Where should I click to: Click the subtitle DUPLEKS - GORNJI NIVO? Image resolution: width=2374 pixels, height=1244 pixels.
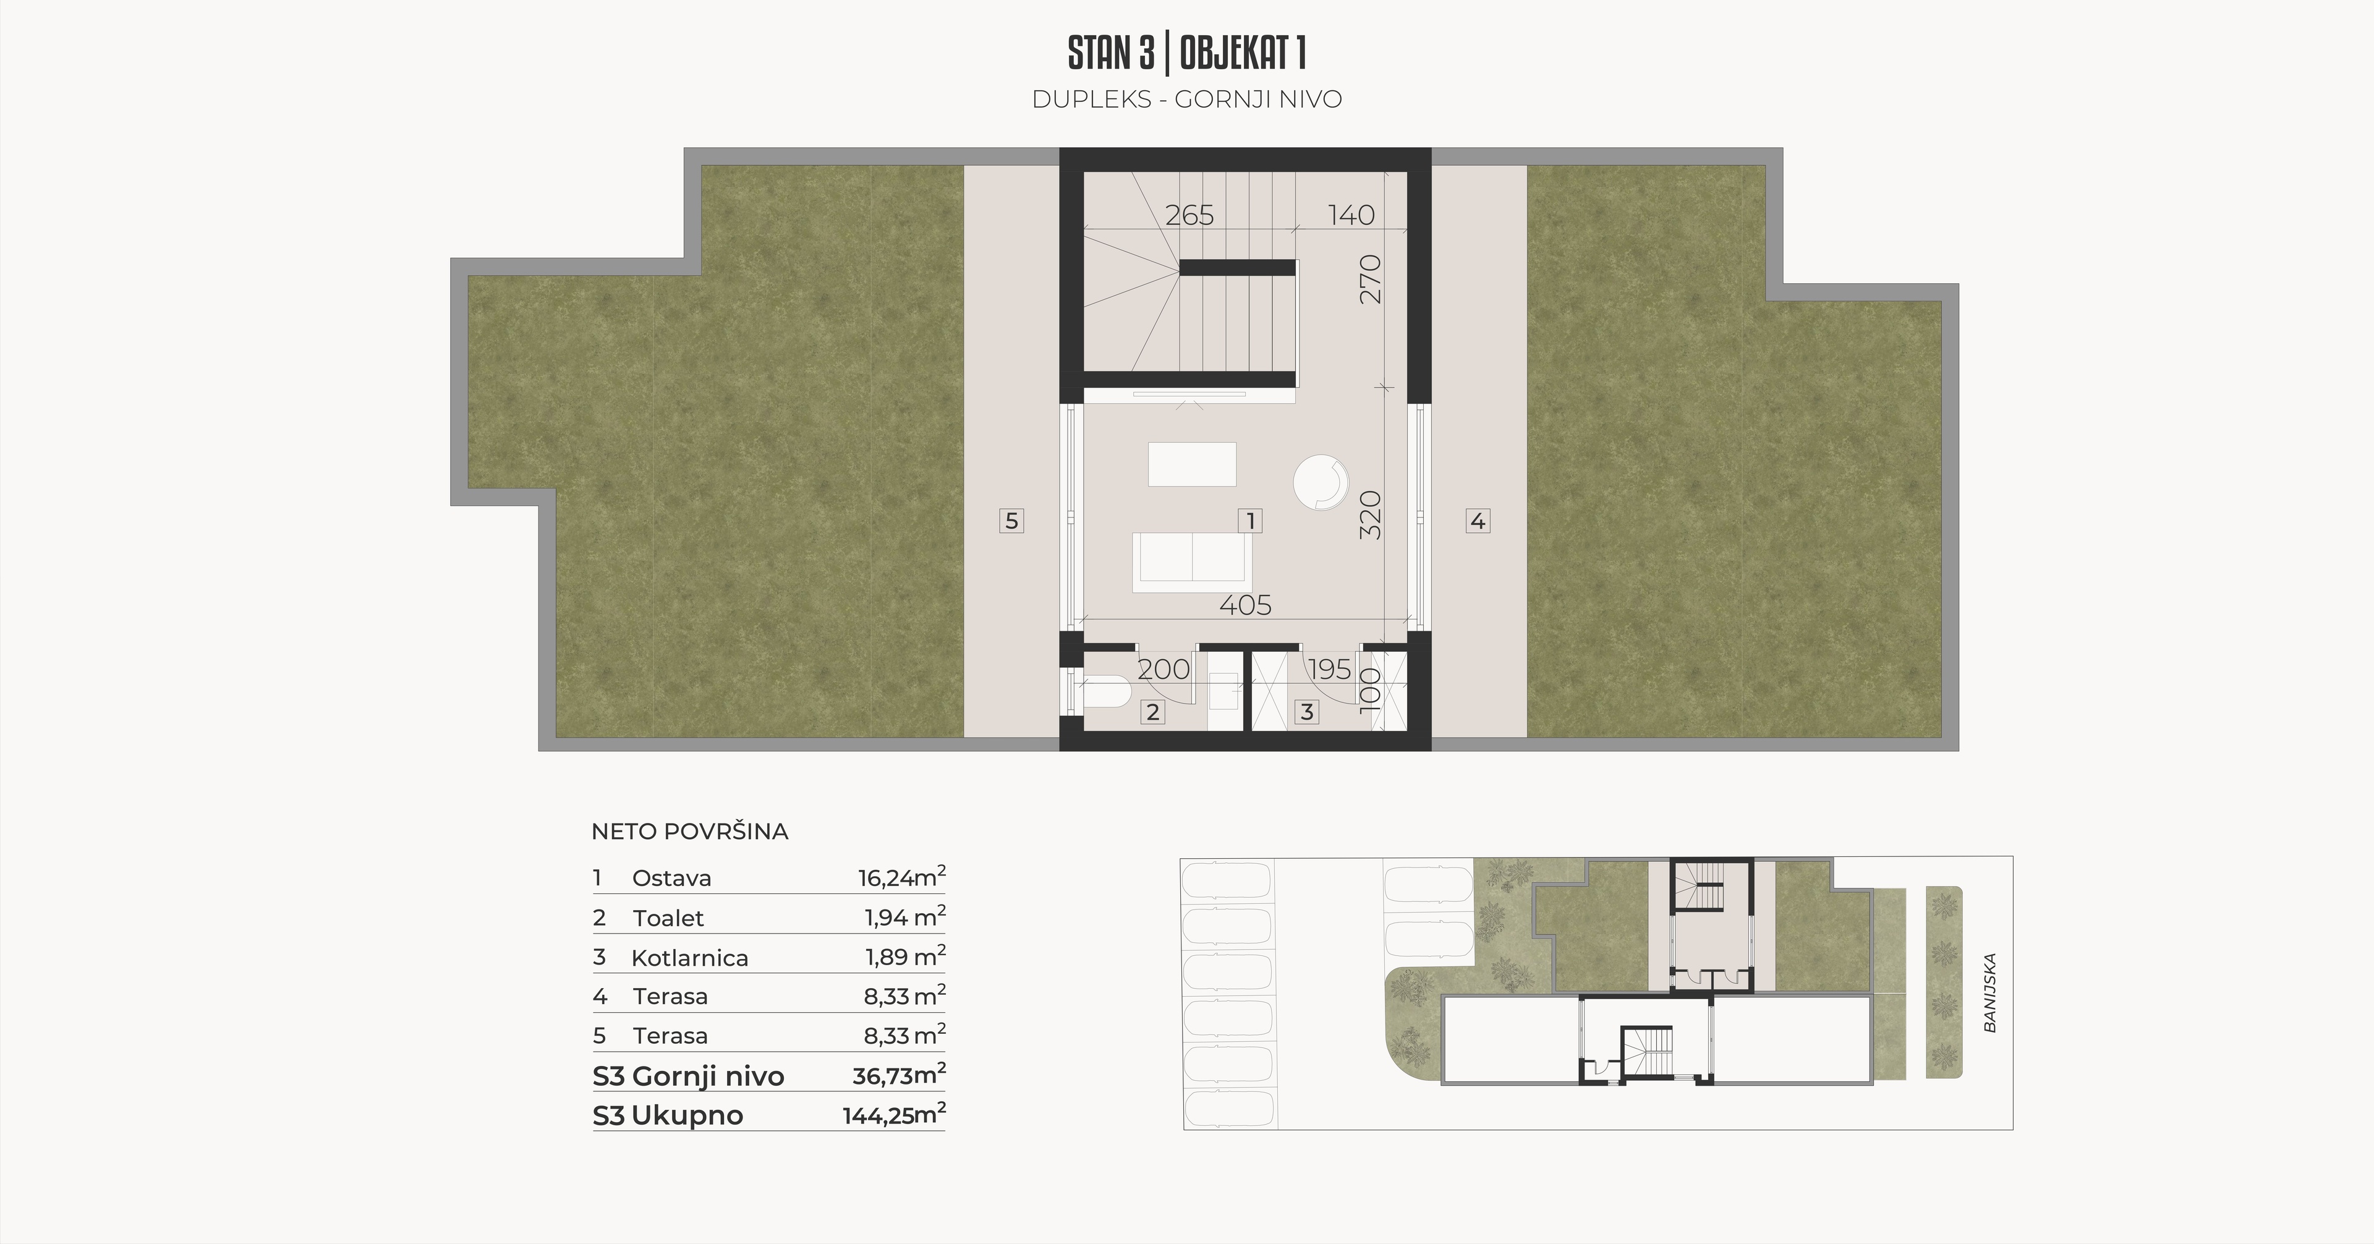pos(1187,100)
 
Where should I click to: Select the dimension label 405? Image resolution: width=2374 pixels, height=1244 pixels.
pos(1245,605)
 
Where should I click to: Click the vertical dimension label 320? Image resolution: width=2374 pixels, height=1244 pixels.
pos(1371,515)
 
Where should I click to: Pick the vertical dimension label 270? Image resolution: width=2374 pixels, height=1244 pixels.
pos(1371,279)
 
